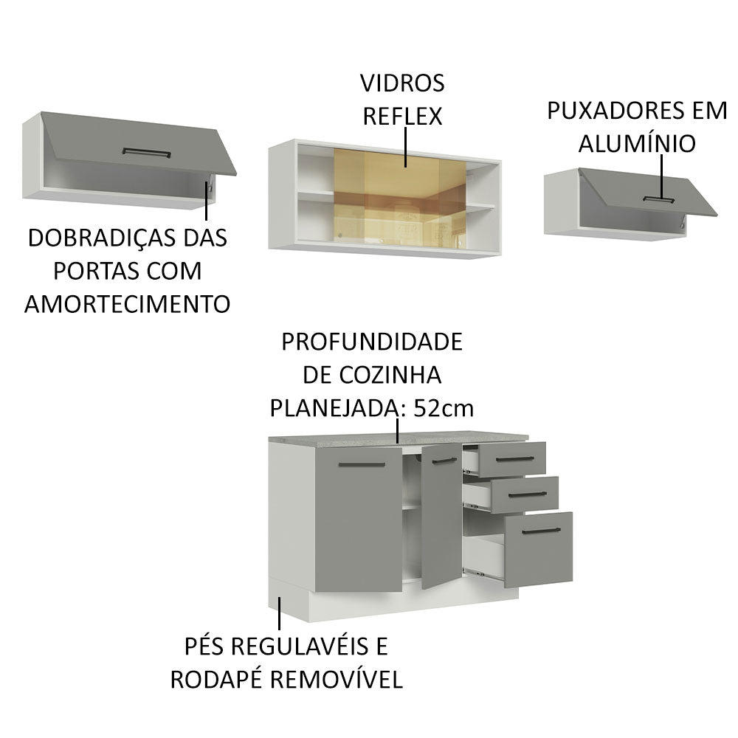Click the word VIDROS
click(x=402, y=83)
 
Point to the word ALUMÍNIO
click(x=636, y=144)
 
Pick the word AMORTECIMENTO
click(x=128, y=303)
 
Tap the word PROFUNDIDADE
click(x=372, y=342)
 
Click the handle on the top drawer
click(x=514, y=459)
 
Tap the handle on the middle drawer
click(x=527, y=494)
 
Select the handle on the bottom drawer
click(x=541, y=531)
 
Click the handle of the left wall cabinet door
click(x=146, y=153)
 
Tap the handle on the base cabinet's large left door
click(x=362, y=465)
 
